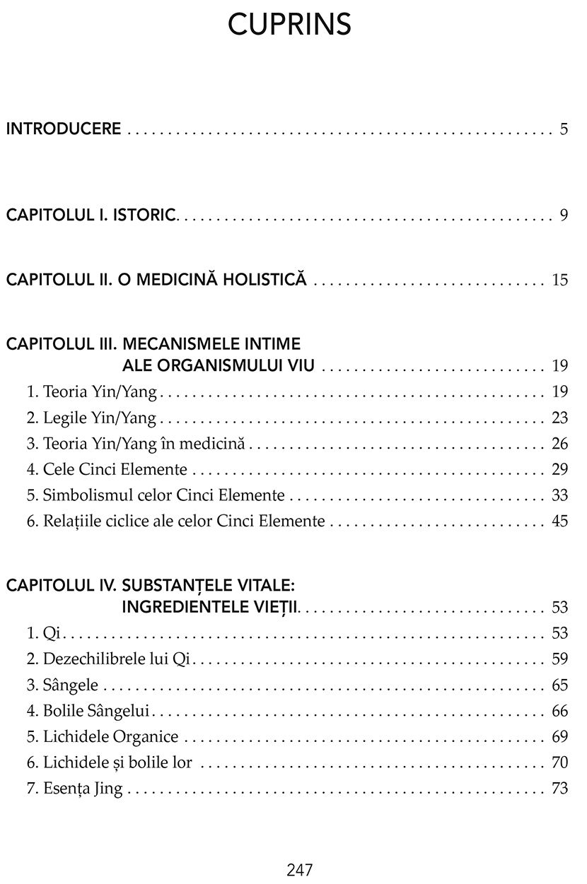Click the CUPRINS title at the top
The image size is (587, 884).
coord(290,25)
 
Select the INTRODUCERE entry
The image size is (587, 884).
coord(64,129)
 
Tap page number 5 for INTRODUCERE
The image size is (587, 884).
coord(564,129)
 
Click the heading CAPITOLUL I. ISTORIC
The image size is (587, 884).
coord(90,215)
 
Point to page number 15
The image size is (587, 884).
coord(560,280)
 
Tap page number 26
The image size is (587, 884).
coord(560,444)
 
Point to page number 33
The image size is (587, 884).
coord(560,496)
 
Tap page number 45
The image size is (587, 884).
coord(560,522)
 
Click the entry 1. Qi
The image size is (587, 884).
coord(42,633)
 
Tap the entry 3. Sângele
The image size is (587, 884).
coord(63,685)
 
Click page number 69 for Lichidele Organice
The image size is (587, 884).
coord(560,737)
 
